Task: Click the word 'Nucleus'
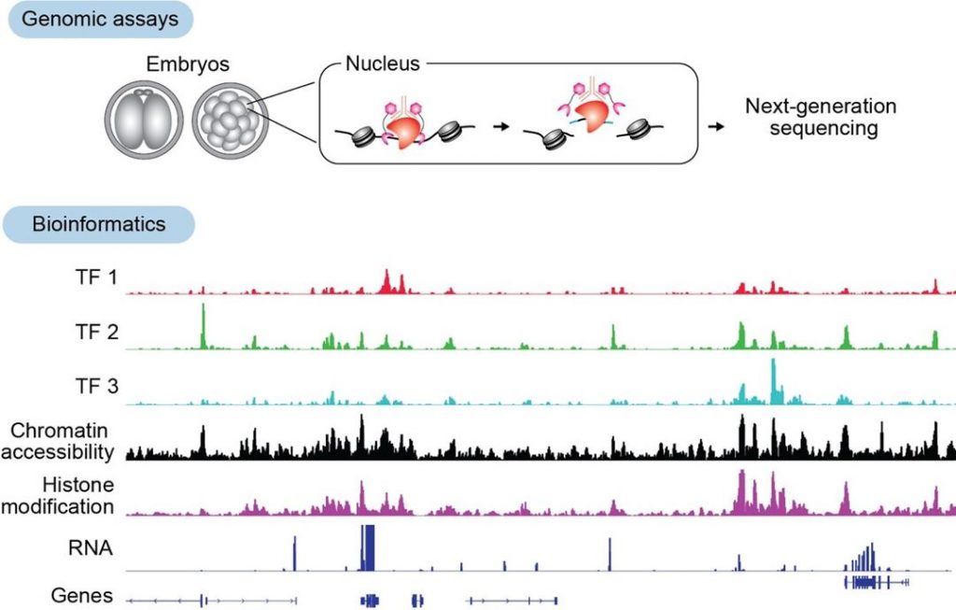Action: pos(383,65)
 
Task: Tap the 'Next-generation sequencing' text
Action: pos(821,118)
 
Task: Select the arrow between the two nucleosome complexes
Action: pos(504,124)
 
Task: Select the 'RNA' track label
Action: pos(96,548)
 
